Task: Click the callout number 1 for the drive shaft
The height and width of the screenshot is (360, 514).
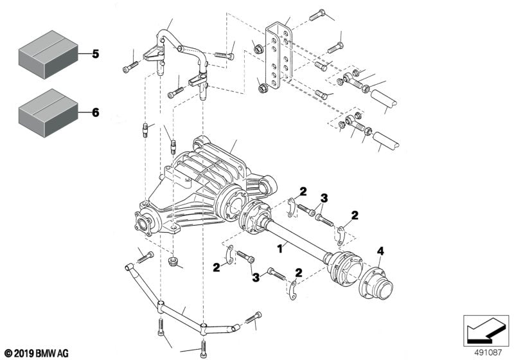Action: coord(279,247)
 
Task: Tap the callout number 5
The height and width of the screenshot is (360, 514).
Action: coord(95,54)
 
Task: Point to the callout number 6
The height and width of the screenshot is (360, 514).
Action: coord(95,113)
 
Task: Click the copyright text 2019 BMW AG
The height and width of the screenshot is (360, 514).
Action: coord(36,354)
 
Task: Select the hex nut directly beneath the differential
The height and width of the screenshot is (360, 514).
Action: coord(172,262)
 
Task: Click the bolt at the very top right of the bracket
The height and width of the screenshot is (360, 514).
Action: coord(318,17)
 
